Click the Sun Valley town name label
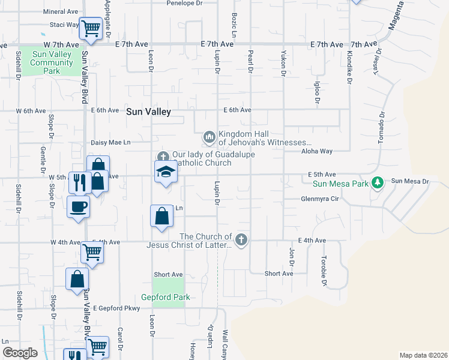coord(148,112)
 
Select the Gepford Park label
coord(165,297)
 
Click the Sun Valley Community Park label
coord(52,62)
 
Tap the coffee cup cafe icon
coord(79,207)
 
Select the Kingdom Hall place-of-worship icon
coord(209,138)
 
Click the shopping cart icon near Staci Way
coord(91,27)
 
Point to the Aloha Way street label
coord(317,152)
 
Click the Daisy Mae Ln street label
coord(110,143)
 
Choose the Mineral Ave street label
coord(61,11)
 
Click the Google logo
coord(20,353)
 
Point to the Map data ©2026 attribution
coord(423,355)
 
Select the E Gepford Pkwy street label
coord(116,308)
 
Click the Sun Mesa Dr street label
coord(411,181)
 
